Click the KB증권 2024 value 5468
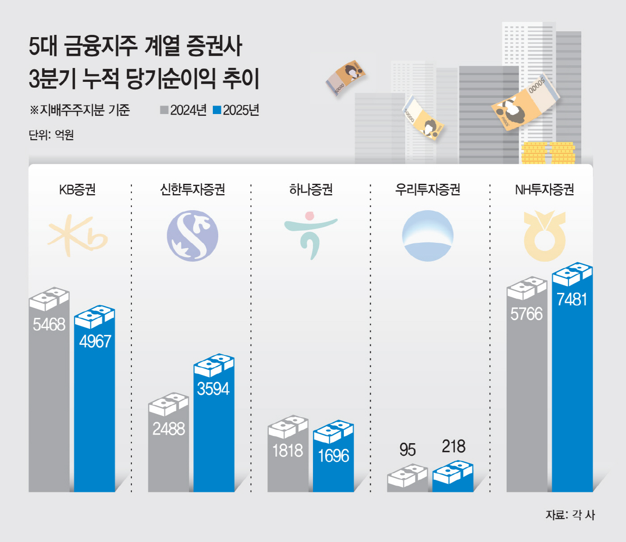tap(49, 324)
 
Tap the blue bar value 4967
tap(95, 342)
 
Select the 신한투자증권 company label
tap(192, 190)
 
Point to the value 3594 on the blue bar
tap(213, 389)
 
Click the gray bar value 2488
tap(169, 429)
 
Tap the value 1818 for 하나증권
tap(288, 450)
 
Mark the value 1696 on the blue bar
tap(333, 456)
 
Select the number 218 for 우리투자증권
tap(453, 446)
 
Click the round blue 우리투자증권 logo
tap(427, 236)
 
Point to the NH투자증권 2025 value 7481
tap(572, 299)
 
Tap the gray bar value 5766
tap(526, 314)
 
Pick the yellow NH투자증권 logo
tap(545, 236)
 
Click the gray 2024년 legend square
tap(164, 110)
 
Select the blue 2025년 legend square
tap(217, 110)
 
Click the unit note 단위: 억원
tap(51, 135)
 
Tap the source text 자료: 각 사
tap(570, 515)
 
